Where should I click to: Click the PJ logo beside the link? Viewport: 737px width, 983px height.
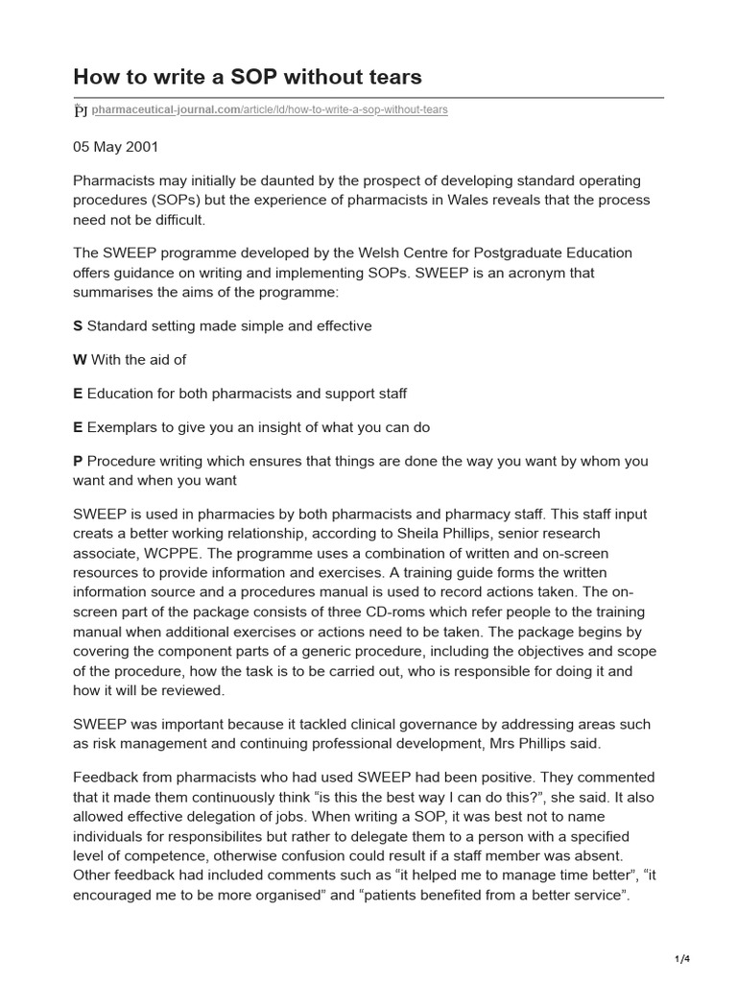tap(81, 110)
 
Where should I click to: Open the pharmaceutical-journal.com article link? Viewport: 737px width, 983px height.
tap(270, 110)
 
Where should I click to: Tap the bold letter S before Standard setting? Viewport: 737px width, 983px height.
tap(78, 325)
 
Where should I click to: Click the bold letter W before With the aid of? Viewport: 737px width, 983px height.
tap(80, 359)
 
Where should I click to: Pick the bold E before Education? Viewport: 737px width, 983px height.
tap(78, 394)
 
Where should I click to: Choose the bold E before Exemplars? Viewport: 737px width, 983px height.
tap(78, 427)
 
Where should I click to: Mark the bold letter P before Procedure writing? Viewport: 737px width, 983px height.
tap(78, 461)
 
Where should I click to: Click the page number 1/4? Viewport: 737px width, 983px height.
tap(682, 959)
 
